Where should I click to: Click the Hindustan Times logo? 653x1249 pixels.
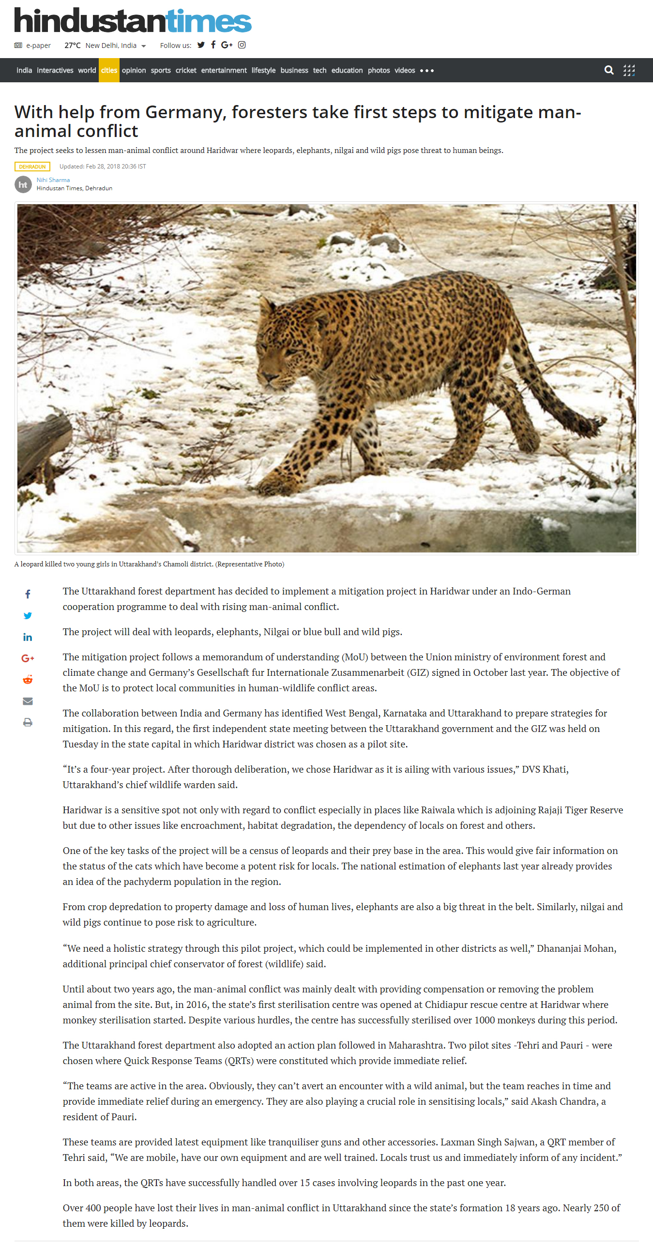(133, 21)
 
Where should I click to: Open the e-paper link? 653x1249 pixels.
(38, 46)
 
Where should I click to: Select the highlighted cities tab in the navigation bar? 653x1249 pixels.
(109, 70)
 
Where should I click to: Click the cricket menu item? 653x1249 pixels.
(186, 70)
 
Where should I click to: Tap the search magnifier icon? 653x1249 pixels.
(609, 70)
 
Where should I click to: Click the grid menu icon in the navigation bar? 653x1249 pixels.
(629, 70)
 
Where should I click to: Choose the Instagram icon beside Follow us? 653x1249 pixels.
(242, 45)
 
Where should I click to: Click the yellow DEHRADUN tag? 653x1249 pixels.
(32, 167)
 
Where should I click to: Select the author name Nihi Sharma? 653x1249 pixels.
(53, 180)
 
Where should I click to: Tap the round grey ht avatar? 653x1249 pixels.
(23, 184)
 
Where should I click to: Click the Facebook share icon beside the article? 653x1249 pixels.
(28, 594)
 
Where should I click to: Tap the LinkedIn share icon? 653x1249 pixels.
(28, 637)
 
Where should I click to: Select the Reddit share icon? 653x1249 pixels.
(28, 680)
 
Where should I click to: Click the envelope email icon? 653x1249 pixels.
(28, 701)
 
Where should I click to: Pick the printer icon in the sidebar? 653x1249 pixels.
(28, 722)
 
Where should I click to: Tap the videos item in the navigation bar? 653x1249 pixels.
(404, 70)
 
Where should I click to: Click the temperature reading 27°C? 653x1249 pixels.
(72, 46)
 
